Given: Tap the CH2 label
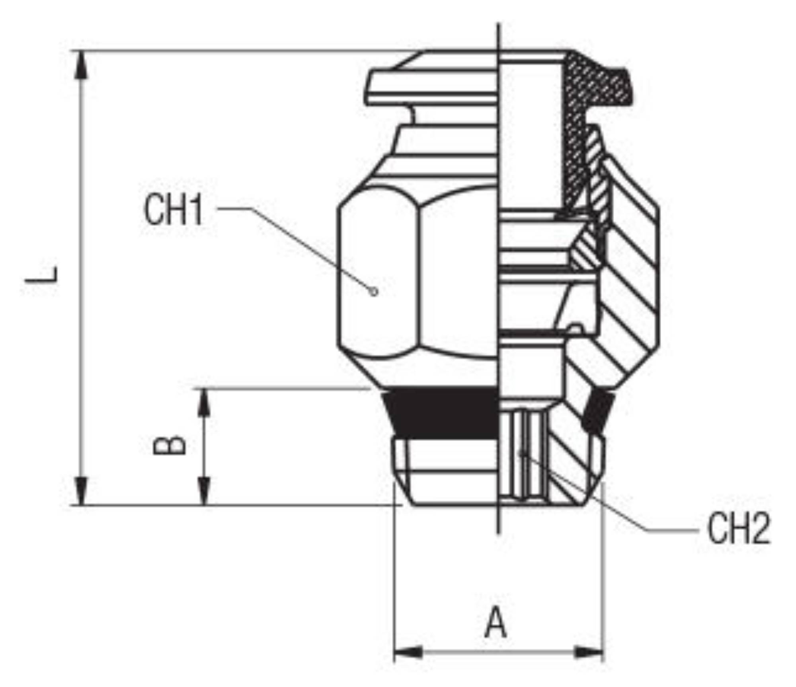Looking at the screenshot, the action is [739, 529].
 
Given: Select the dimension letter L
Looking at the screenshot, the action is [42, 274].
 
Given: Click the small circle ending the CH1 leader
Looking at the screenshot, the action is [373, 292].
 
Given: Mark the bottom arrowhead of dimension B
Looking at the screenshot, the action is [204, 492].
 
